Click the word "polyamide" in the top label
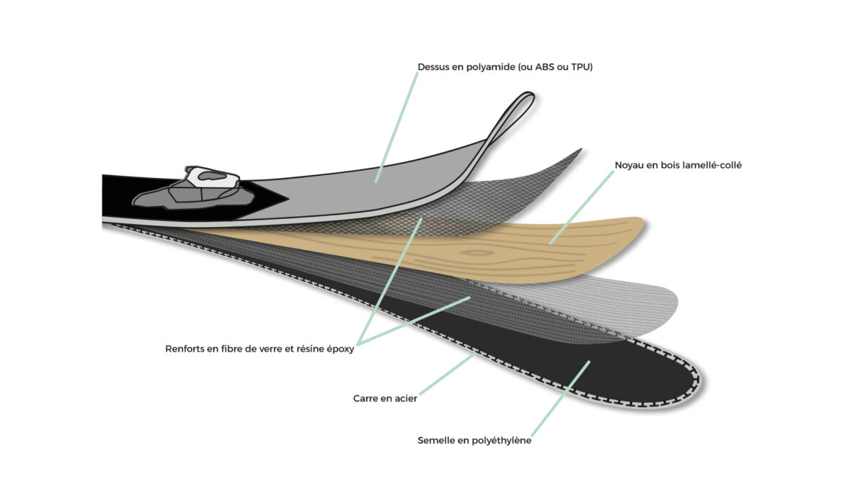pyautogui.click(x=484, y=67)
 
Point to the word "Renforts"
pyautogui.click(x=185, y=349)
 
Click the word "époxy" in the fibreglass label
pyautogui.click(x=340, y=350)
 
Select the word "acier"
pyautogui.click(x=406, y=399)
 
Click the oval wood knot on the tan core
pyautogui.click(x=478, y=253)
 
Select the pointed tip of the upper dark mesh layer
pyautogui.click(x=580, y=150)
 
